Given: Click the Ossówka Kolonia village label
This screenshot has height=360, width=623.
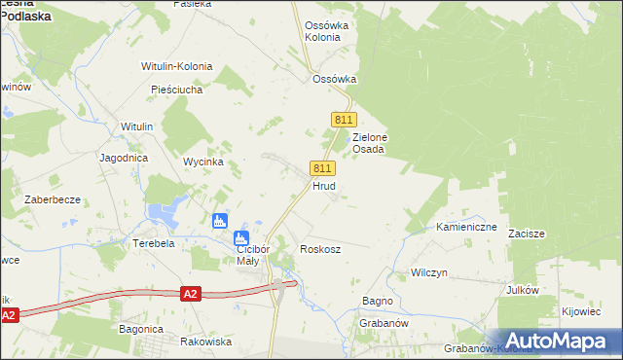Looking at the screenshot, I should pos(322,30).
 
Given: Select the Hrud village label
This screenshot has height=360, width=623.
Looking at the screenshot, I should pos(324,185).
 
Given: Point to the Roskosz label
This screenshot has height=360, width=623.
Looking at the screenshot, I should pos(320,249).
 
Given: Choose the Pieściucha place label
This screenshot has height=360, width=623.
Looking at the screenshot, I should pos(176,90).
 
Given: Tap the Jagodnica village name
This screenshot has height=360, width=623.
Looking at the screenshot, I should pos(123,157).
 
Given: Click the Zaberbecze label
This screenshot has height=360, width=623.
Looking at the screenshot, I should pos(54,198).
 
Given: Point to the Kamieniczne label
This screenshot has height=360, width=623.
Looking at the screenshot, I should pos(466,227).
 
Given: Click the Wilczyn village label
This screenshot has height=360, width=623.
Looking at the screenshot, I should pos(428,272).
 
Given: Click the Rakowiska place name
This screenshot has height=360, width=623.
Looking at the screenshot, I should pos(205,342).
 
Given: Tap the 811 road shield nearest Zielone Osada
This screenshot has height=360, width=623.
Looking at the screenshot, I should pos(342,119).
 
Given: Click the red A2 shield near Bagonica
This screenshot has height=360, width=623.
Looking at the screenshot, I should pos(191,293).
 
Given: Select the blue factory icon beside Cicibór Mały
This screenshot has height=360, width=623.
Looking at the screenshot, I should pos(240,237).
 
